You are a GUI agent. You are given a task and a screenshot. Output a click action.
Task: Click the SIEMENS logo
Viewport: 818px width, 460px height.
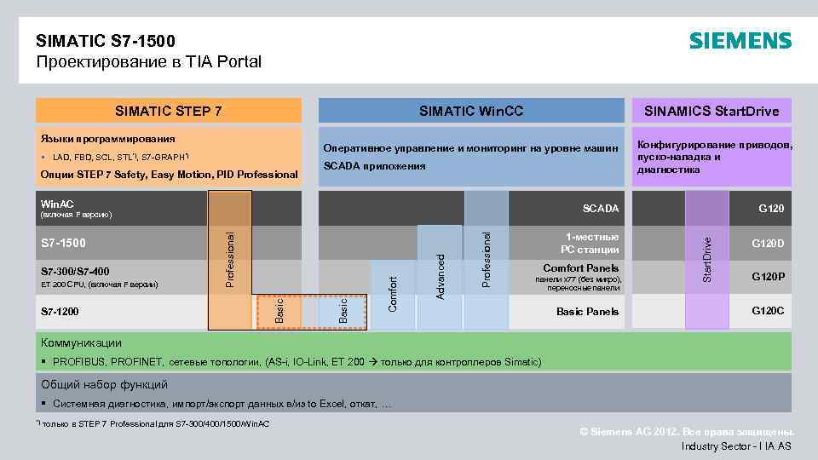[x=740, y=41]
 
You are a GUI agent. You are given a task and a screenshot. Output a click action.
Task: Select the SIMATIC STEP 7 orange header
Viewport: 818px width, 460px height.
[x=169, y=111]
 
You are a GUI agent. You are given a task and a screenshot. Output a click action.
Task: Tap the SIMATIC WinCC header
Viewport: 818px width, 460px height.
[x=471, y=111]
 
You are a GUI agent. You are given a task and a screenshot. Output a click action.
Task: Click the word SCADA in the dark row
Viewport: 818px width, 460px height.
[x=601, y=209]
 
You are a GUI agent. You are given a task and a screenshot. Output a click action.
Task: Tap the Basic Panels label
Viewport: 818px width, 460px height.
[x=587, y=312]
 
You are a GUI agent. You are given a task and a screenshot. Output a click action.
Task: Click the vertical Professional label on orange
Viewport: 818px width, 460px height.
[x=229, y=252]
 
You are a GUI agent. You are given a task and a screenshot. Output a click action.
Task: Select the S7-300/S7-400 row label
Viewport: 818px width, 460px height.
[x=75, y=272]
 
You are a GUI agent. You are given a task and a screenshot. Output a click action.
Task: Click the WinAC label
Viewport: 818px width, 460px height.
[x=57, y=204]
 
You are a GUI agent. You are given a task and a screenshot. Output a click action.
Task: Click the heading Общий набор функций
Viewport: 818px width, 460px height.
[x=105, y=384]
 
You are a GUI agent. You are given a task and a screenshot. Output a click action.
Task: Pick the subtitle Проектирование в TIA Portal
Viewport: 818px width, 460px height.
[x=149, y=61]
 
